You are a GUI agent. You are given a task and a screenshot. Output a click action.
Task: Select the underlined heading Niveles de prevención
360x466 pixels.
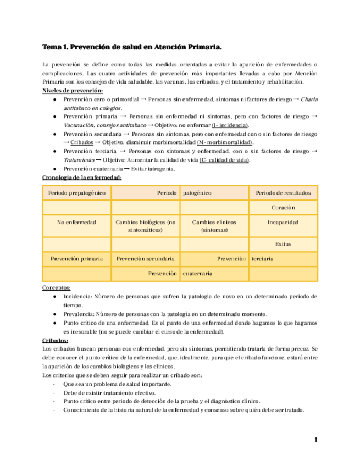point(73,91)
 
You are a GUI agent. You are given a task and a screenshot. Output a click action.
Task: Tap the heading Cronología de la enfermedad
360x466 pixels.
point(82,177)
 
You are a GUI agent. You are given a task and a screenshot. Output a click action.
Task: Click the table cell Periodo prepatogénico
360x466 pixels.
point(76,193)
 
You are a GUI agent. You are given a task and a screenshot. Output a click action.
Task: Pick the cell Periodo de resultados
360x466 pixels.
point(283,193)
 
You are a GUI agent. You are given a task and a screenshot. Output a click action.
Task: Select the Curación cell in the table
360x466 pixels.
point(283,208)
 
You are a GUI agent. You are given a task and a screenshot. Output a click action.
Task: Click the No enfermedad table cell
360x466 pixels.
point(76,223)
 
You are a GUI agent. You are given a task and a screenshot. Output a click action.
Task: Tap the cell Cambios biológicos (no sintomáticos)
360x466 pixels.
point(146,226)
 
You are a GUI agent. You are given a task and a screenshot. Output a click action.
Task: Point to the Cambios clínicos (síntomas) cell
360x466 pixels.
point(214,226)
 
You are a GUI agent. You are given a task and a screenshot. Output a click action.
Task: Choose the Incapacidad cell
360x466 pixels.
point(283,223)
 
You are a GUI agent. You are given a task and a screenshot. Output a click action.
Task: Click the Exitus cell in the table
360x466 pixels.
point(283,244)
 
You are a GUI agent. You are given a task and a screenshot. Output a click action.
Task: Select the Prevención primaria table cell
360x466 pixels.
point(76,258)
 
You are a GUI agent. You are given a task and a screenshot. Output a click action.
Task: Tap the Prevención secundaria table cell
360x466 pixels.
point(146,258)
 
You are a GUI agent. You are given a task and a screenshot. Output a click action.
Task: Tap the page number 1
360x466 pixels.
point(316,440)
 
